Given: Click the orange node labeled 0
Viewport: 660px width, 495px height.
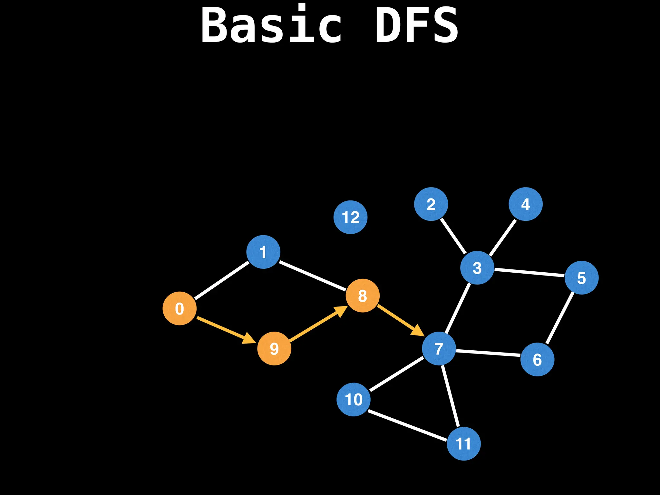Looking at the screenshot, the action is (x=180, y=308).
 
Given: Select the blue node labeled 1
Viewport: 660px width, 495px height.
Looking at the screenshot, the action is (x=263, y=252).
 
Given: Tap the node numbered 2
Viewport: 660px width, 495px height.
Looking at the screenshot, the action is (x=431, y=204).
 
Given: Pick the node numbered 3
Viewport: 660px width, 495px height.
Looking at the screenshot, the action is (x=477, y=267).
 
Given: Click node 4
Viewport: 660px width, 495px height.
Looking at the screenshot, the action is (x=526, y=204).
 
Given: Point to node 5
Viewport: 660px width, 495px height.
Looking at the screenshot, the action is (x=581, y=277).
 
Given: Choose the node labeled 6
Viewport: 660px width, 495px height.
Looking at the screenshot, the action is (x=537, y=359).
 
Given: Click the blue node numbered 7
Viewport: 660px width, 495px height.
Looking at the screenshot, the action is (x=439, y=348).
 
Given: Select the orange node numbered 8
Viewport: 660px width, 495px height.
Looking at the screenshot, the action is (x=363, y=296).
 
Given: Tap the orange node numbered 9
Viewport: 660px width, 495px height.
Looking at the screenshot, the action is (x=274, y=348).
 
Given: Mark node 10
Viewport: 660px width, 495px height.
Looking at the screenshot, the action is (x=354, y=400).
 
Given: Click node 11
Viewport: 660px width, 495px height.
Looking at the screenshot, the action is (x=463, y=444).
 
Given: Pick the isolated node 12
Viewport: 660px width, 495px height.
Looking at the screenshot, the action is (x=350, y=217).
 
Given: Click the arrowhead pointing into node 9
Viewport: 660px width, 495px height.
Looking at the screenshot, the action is (x=249, y=338).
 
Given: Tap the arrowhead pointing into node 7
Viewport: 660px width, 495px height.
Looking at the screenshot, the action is (x=418, y=331).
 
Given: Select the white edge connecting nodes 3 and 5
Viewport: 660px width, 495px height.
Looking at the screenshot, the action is (x=529, y=273).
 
